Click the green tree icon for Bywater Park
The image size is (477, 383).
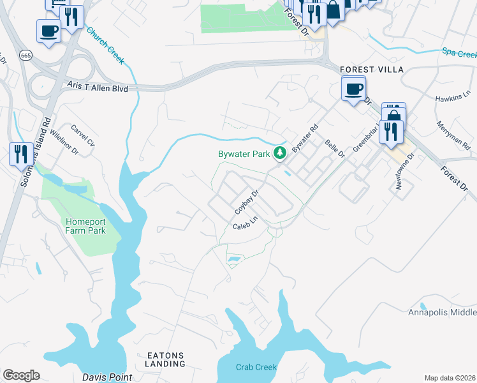(279, 153)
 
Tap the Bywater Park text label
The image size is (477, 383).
(245, 154)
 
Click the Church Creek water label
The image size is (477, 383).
(105, 46)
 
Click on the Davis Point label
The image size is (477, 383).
(107, 377)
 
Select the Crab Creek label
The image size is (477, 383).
(256, 367)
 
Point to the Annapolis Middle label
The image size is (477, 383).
(442, 312)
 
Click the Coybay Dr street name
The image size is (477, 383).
(247, 202)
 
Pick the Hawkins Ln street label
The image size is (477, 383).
(452, 99)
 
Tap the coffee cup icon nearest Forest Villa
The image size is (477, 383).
(353, 88)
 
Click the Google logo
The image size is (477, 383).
(21, 375)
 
